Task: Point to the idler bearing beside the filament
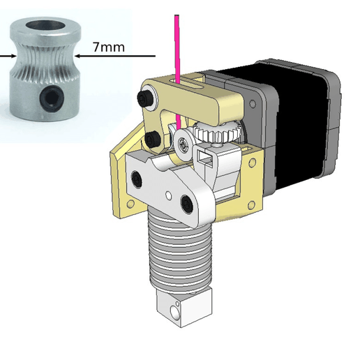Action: click(183, 142)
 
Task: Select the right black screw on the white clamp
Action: click(186, 203)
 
